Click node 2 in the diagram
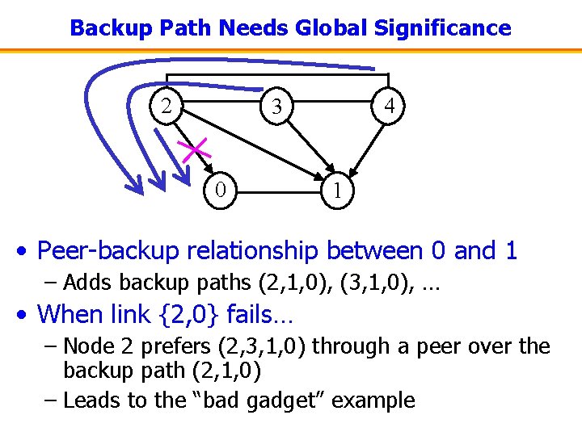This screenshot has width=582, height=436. click(x=166, y=106)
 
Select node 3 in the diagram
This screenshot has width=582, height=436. click(x=276, y=107)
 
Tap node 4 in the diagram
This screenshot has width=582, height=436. click(x=390, y=106)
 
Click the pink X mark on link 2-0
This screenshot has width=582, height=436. click(x=195, y=149)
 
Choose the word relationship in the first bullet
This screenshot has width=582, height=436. click(x=252, y=251)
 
